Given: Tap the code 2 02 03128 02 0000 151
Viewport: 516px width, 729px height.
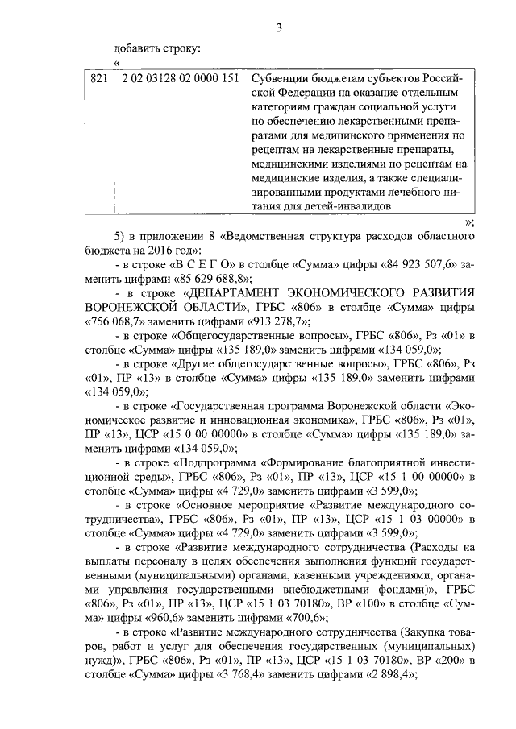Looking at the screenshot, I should click(178, 78).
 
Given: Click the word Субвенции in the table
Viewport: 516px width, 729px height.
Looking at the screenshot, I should click(278, 78).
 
